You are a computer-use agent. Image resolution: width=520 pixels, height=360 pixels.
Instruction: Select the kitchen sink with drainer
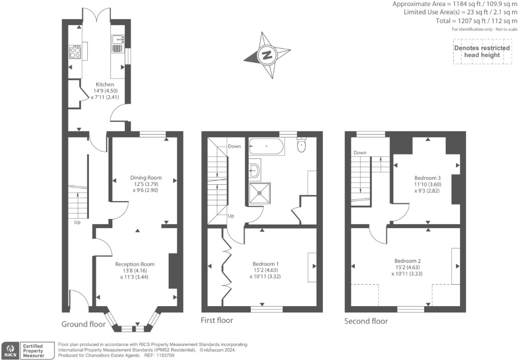[x=118, y=44]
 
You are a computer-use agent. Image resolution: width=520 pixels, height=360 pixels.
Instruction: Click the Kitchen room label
[x=105, y=85]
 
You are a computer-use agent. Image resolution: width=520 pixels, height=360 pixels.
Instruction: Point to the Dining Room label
[x=146, y=178]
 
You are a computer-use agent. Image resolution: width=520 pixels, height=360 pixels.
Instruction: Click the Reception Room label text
[x=135, y=264]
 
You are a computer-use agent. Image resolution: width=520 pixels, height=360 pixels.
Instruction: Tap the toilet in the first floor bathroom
[x=302, y=145]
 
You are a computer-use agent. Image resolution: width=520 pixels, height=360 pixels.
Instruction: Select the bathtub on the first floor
[x=266, y=146]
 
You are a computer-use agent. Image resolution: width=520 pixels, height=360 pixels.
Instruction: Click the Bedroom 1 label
[x=266, y=264]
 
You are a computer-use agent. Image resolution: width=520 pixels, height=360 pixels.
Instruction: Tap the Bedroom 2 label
[x=407, y=261]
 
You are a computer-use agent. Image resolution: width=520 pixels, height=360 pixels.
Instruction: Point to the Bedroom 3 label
[x=427, y=178]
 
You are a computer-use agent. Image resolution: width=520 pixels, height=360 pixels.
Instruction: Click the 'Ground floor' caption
[x=83, y=324]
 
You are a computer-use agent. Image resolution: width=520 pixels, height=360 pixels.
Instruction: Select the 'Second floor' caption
[x=366, y=321]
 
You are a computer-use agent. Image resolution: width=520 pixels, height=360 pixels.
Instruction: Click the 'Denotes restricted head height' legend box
[x=482, y=52]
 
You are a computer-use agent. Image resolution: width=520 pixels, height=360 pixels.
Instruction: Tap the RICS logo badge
[x=11, y=351]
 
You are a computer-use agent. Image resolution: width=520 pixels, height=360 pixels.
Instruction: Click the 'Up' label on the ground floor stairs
[x=77, y=222]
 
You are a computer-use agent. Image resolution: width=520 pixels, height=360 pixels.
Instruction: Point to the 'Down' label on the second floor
[x=360, y=153]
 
